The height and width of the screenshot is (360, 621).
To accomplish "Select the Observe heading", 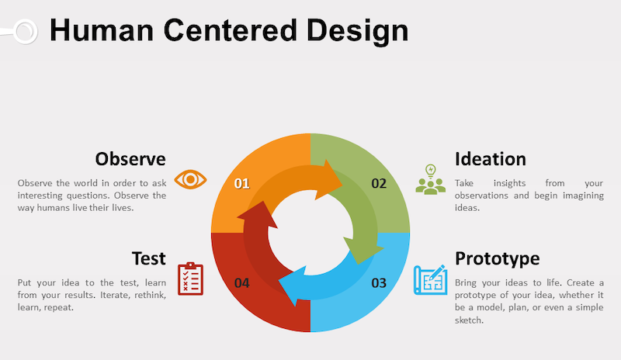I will [130, 159].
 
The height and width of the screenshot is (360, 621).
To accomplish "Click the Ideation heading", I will [491, 159].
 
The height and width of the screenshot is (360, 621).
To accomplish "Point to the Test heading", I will [148, 258].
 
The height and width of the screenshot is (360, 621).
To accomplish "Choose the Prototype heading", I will [497, 258].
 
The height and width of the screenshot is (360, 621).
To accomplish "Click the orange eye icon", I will [190, 180].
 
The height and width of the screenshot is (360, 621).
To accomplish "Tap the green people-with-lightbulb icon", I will [431, 179].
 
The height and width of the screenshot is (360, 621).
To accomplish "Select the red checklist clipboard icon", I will [190, 278].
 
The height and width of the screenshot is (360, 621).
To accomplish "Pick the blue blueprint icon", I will [430, 279].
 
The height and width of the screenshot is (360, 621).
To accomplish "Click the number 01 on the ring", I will [241, 184].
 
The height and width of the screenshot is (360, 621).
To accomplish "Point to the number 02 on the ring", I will [379, 184].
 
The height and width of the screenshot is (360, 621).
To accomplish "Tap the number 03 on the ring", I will [379, 282].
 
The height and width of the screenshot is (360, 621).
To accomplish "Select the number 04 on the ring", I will [241, 282].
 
